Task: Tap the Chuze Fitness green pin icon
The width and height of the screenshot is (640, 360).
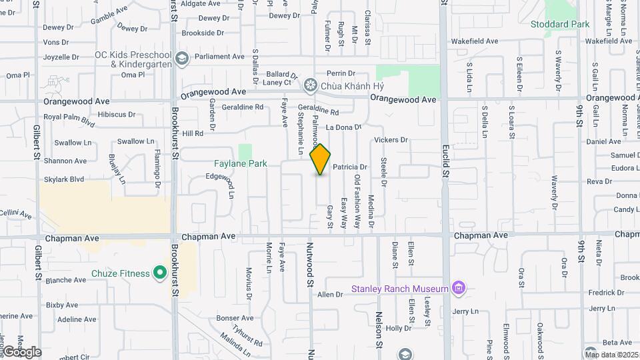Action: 159,273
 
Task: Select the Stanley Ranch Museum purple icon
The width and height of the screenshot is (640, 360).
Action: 458,289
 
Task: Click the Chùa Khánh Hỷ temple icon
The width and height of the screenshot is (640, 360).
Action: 309,85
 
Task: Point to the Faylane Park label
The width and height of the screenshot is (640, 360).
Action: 241,163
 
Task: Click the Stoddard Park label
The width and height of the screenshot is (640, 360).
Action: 560,24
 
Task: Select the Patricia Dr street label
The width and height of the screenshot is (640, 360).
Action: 350,167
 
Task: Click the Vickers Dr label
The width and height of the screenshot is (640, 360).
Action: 391,140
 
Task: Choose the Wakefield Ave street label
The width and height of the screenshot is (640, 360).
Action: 475,41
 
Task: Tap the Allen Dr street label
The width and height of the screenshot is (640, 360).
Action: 330,295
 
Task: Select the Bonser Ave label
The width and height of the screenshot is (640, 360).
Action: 235,318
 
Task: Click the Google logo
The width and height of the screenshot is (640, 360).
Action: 21,352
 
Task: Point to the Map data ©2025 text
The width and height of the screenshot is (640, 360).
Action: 611,355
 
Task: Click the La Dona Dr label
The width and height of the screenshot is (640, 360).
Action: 343,127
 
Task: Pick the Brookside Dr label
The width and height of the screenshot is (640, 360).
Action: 203,33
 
